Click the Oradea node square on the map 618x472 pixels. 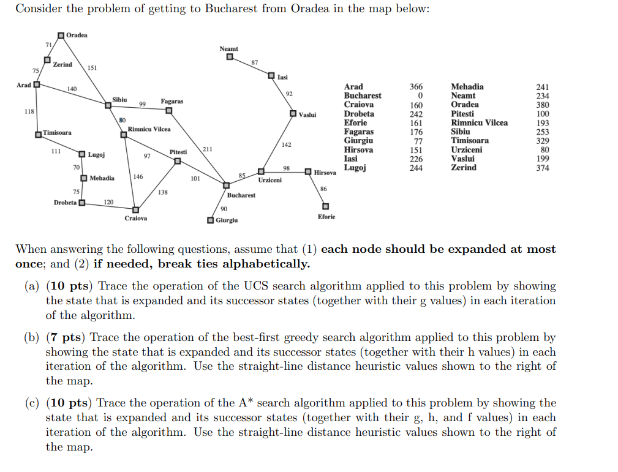click(x=61, y=35)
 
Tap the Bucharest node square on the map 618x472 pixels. click(x=226, y=185)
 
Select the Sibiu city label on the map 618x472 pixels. click(x=119, y=99)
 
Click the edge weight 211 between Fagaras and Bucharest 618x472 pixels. click(x=208, y=148)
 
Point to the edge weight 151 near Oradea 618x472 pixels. click(x=92, y=68)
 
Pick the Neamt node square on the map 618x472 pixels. click(x=229, y=58)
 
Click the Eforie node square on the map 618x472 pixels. click(x=326, y=206)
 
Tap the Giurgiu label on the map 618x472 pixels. click(x=227, y=220)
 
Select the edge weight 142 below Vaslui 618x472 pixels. click(x=286, y=144)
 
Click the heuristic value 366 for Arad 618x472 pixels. click(x=416, y=87)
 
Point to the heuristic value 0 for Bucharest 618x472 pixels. click(x=420, y=96)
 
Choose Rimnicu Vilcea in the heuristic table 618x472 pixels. click(x=479, y=122)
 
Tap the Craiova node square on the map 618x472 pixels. click(x=136, y=209)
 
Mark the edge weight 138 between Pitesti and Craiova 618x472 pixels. click(x=162, y=192)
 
